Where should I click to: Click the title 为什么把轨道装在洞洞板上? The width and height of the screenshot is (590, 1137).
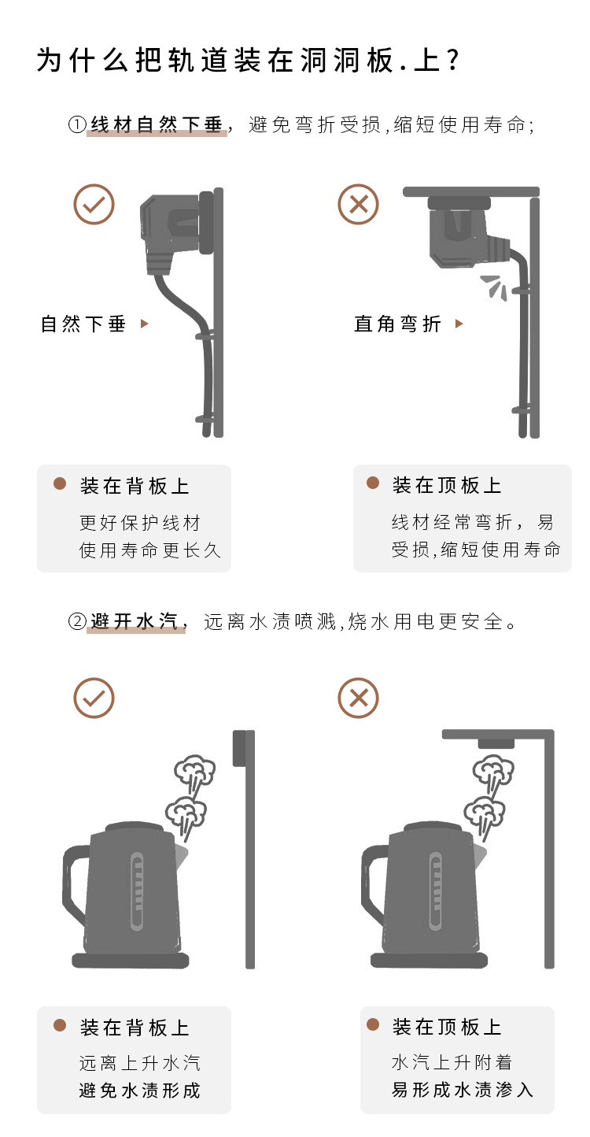248,61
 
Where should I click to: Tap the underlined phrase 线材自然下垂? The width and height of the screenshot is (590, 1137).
157,124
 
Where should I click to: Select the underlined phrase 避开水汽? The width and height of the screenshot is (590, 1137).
136,621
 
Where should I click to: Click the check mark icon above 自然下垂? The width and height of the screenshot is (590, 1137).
94,205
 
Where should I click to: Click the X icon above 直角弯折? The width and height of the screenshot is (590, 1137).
358,205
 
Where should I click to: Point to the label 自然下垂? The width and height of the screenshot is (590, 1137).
83,324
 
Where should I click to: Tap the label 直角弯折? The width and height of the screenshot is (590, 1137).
398,324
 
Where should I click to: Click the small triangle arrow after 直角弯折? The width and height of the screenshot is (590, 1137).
459,324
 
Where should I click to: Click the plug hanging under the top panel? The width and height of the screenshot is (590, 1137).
460,232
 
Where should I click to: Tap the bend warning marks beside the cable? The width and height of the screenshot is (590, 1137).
495,286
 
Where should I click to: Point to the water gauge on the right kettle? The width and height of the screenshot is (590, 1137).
435,891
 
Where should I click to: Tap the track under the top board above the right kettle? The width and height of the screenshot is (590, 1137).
496,743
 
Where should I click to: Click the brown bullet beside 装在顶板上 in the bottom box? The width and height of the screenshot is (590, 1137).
374,1024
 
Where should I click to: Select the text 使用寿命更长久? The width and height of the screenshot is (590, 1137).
150,550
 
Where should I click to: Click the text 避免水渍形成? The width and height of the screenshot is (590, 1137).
140,1091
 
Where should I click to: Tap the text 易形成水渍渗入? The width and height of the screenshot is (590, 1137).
463,1090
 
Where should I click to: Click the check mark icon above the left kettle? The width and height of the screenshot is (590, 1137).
94,698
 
